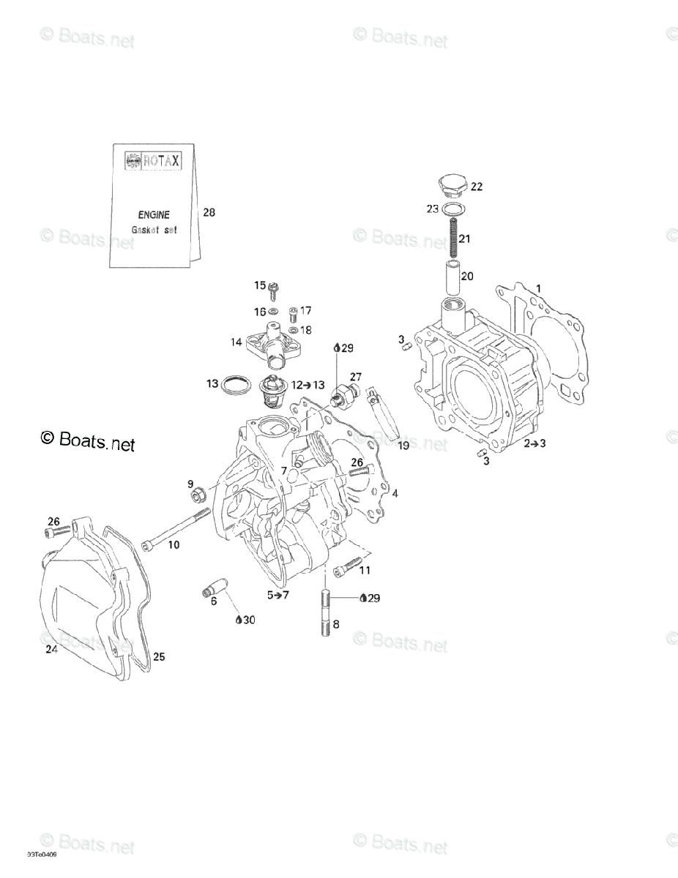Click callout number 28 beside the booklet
209,213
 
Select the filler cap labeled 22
451,187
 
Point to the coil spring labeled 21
453,239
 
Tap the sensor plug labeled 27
340,397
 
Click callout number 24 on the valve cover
51,649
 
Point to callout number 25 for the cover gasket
159,656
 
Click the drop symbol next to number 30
239,620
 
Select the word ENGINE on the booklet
154,215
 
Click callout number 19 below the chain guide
403,445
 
